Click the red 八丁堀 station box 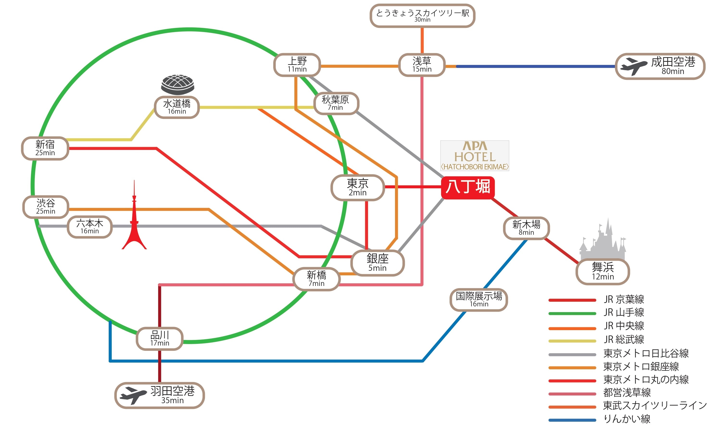[468, 187]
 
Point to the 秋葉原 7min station [336, 103]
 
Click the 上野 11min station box [297, 65]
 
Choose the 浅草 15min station [422, 65]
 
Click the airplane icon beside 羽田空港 [133, 395]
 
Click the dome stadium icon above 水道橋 [177, 84]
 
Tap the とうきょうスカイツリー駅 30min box [422, 16]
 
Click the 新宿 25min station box [45, 148]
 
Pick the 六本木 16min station [90, 227]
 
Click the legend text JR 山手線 [624, 313]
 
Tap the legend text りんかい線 [627, 419]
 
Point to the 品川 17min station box [160, 339]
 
